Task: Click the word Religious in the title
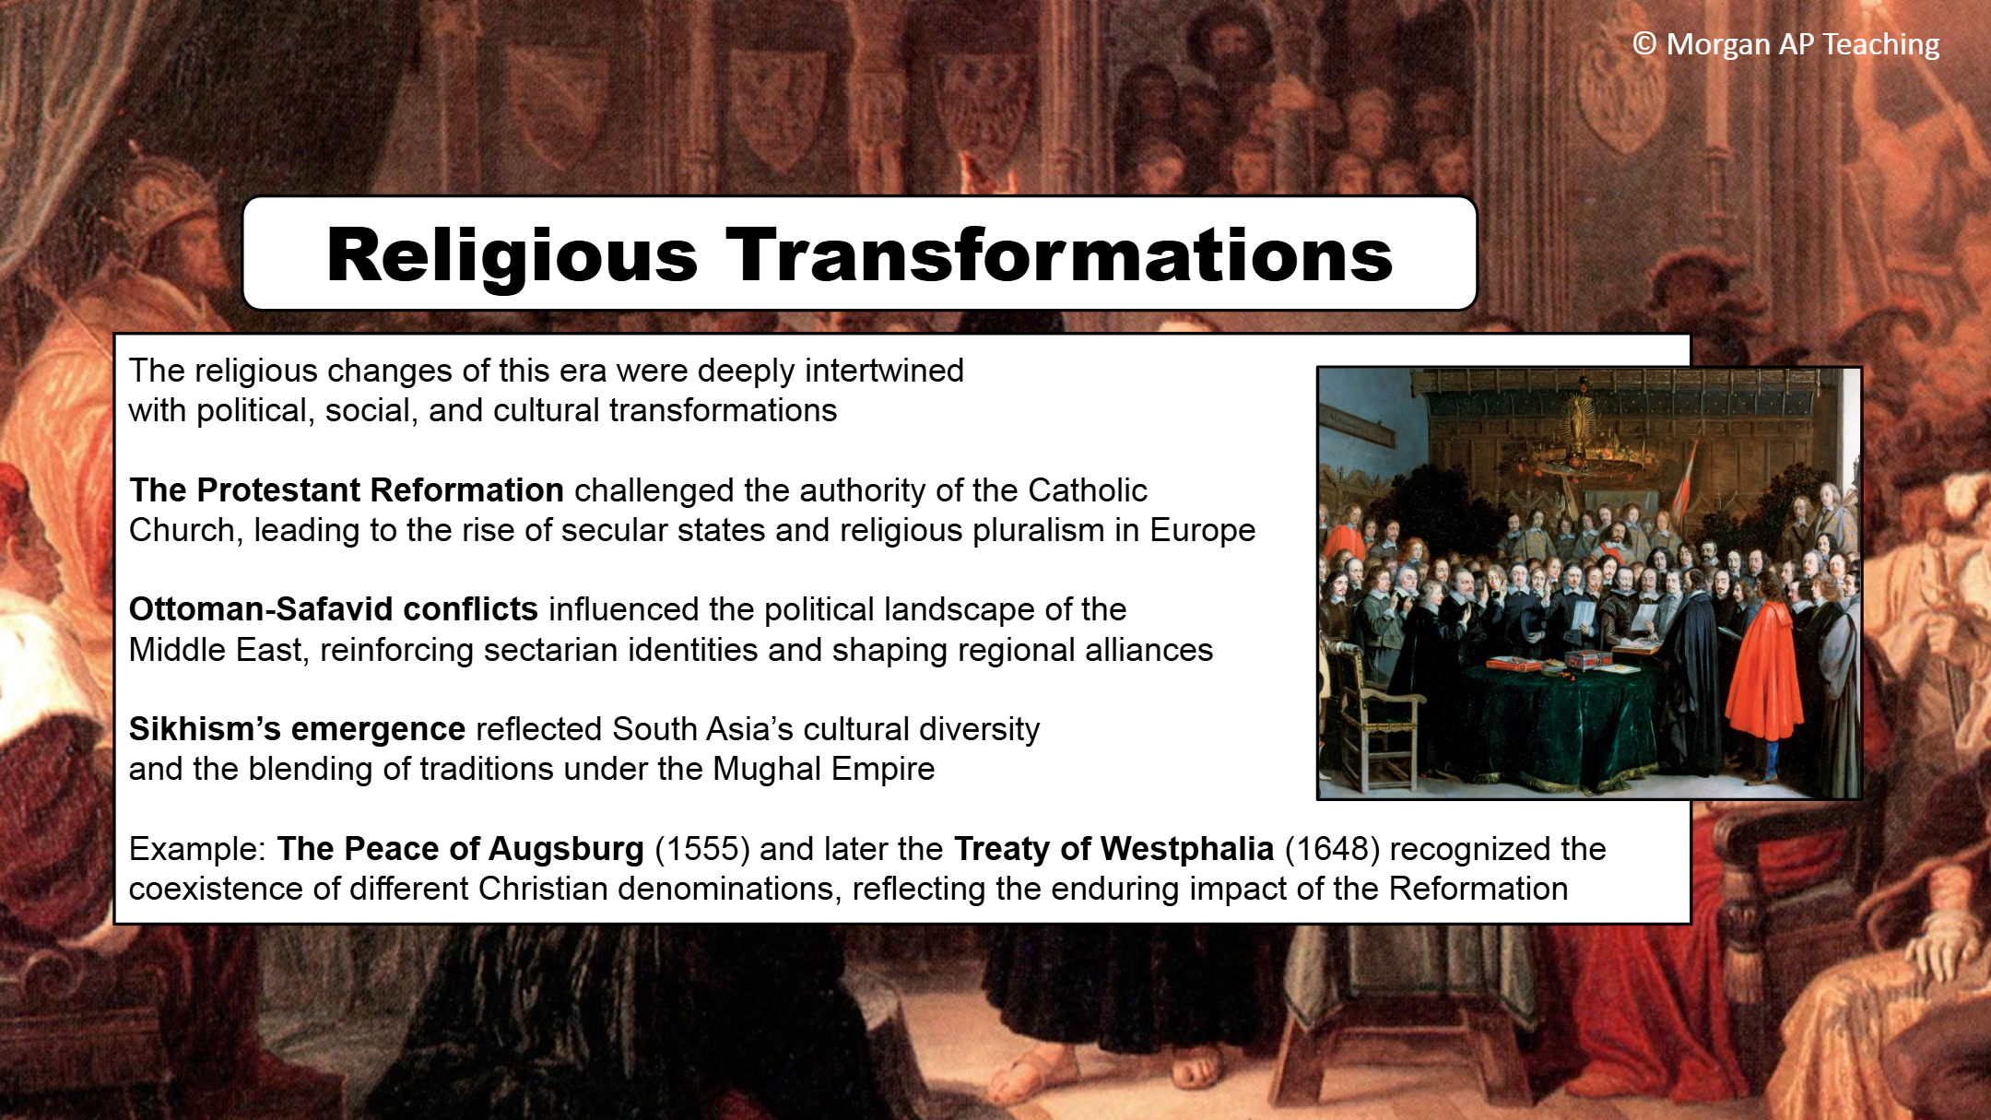tap(512, 256)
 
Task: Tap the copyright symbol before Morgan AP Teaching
tap(1644, 43)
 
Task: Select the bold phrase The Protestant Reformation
tap(347, 490)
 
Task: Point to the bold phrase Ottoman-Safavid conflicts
tap(334, 609)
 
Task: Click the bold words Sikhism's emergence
tap(297, 729)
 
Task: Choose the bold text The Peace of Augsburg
tap(460, 849)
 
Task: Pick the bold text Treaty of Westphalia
tap(1113, 849)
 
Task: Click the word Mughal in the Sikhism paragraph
tap(765, 769)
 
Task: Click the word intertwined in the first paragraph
tap(884, 371)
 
